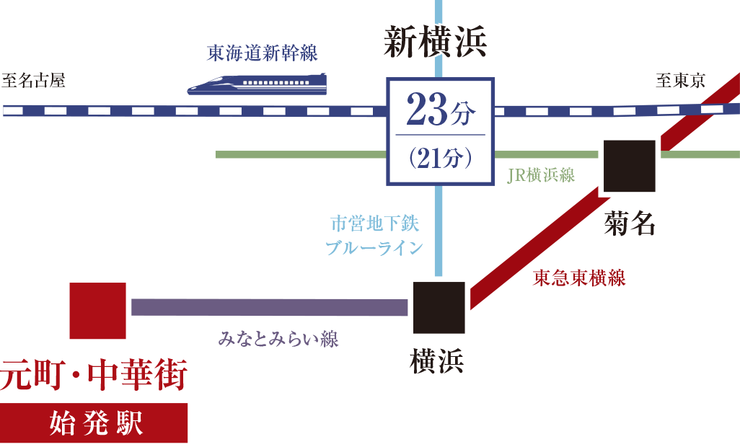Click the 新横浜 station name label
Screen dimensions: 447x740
pos(435,43)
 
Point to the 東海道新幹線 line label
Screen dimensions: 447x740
pos(262,53)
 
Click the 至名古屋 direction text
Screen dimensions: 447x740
pos(33,81)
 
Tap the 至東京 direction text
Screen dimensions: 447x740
pos(680,81)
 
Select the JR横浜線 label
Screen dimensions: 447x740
pos(541,175)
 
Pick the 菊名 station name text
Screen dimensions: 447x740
pos(630,224)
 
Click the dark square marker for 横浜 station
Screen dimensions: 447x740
pos(439,307)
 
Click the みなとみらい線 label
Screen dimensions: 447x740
pos(278,339)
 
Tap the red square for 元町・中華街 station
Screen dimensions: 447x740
pos(97,310)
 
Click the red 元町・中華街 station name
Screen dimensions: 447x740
pos(94,376)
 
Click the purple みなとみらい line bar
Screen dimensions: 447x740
pos(270,307)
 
